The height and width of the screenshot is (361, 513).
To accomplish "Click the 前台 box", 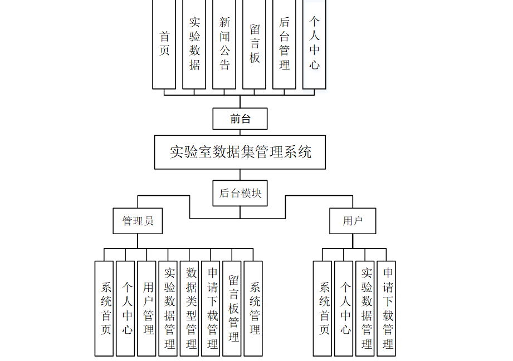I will [240, 118].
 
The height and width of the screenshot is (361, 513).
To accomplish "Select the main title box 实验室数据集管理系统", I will [240, 152].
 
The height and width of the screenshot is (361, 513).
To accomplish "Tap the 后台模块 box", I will [240, 193].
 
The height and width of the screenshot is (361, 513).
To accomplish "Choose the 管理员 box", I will [138, 221].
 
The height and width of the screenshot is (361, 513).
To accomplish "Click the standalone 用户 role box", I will [353, 221].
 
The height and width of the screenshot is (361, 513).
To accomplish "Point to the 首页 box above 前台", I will [164, 44].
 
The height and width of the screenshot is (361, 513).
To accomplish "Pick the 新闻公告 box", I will [224, 44].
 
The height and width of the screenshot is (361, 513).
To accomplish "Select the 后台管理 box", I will [285, 44].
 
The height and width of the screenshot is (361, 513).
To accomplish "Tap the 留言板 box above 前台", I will [255, 44].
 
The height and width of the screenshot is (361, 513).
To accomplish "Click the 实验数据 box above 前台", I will [194, 44].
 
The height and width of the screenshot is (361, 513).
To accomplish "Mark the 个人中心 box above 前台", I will [315, 44].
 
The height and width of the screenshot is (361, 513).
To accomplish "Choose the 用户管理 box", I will [147, 308].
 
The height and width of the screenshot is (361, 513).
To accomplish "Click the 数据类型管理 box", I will [189, 308].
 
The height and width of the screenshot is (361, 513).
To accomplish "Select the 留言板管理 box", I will [232, 308].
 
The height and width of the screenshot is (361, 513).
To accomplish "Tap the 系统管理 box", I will [253, 308].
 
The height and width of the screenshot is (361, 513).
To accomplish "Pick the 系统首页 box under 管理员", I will [104, 308].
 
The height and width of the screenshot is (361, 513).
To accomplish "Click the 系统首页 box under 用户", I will [323, 308].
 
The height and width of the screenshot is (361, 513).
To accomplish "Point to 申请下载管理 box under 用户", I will [387, 308].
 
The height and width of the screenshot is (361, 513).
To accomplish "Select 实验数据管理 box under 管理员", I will [168, 308].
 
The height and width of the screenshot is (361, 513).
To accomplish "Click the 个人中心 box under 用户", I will [344, 308].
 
